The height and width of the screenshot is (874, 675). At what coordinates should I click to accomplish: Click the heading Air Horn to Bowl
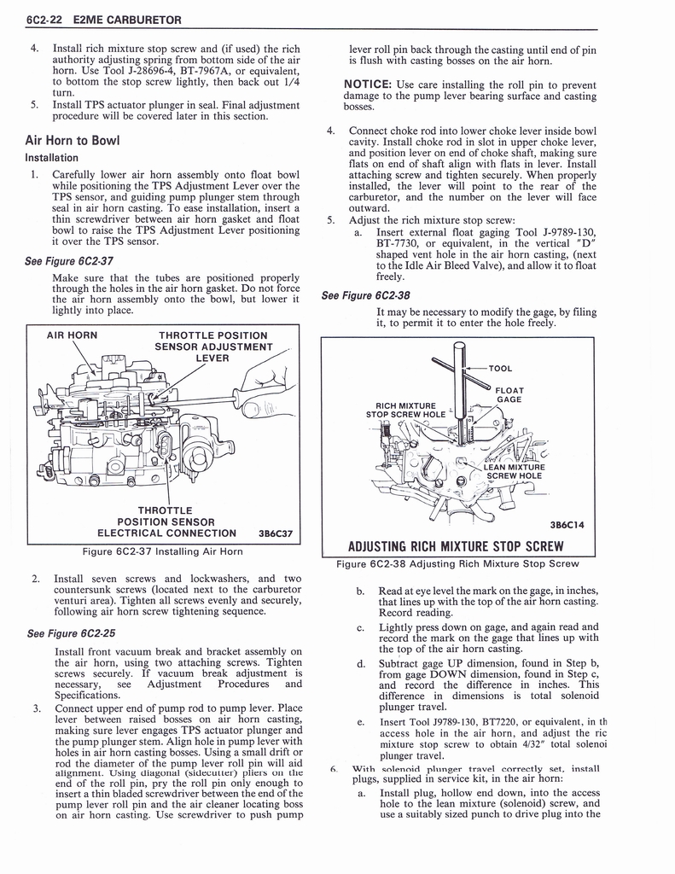(72, 141)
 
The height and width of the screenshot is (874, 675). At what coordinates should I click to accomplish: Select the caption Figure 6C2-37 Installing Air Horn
(162, 551)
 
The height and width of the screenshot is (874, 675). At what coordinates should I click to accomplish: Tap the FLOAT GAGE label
(509, 394)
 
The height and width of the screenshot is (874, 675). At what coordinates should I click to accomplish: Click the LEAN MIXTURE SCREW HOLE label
(514, 471)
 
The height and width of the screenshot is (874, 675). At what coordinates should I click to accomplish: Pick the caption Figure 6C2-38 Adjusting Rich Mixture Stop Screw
(457, 563)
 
